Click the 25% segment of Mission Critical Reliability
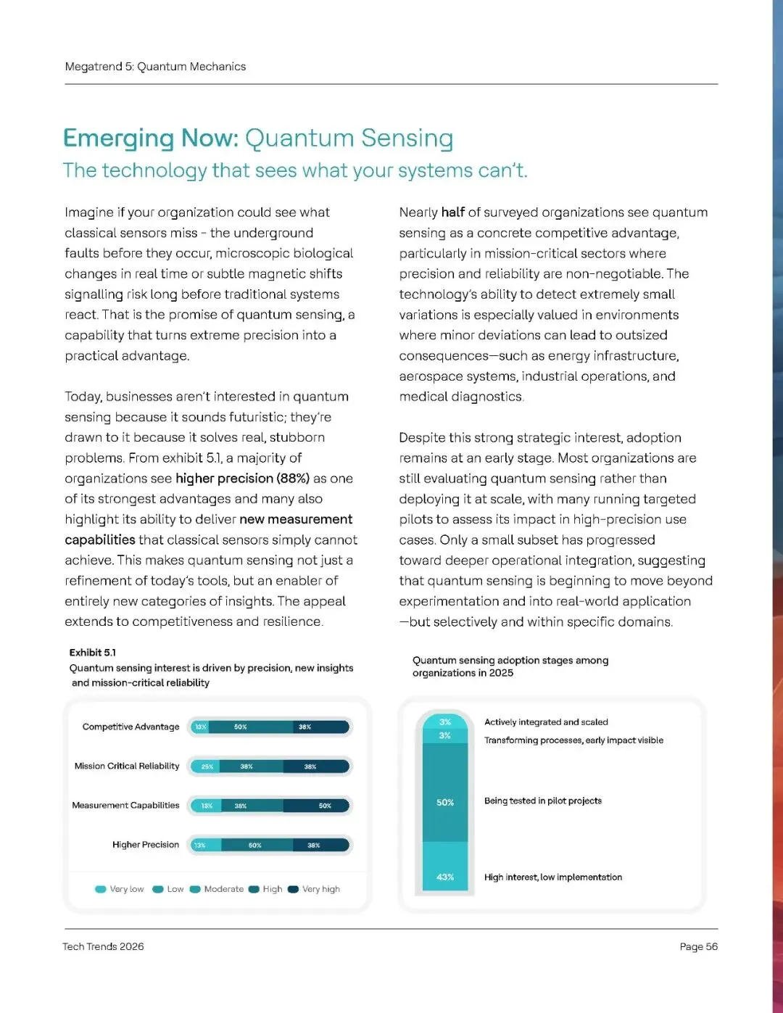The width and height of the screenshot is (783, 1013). pos(207,766)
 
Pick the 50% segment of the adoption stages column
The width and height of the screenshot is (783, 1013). pos(445,802)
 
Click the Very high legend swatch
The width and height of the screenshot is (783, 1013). pos(293,889)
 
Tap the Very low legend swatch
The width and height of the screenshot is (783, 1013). pos(101,889)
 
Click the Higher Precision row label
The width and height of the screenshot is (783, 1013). pos(145,845)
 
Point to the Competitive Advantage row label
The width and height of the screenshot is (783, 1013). pos(130,727)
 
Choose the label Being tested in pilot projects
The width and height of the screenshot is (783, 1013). pos(543,801)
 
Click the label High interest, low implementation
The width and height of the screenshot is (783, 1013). pos(553,877)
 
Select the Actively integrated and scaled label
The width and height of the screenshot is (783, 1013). pos(546,722)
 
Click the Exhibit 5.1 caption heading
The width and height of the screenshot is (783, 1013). pos(92,653)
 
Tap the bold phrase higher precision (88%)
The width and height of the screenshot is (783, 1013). pos(242,479)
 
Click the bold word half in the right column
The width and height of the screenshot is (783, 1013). pos(453,212)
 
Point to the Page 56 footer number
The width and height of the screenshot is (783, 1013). pos(698,946)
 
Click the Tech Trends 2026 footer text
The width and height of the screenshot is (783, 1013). pos(103,946)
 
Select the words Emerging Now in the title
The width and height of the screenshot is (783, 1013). pos(149,138)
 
